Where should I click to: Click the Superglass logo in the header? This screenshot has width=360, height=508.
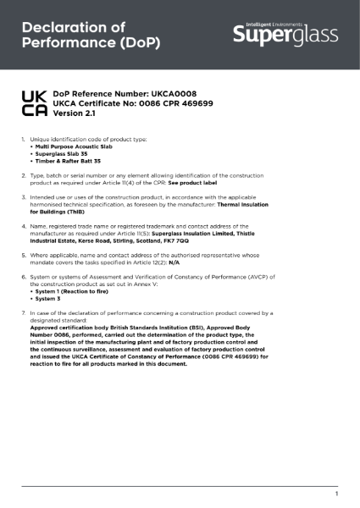point(285,34)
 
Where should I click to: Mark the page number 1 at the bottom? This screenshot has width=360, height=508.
point(336,493)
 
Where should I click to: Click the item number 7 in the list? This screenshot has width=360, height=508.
point(23,312)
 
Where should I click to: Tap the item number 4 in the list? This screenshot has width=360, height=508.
point(23,227)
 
